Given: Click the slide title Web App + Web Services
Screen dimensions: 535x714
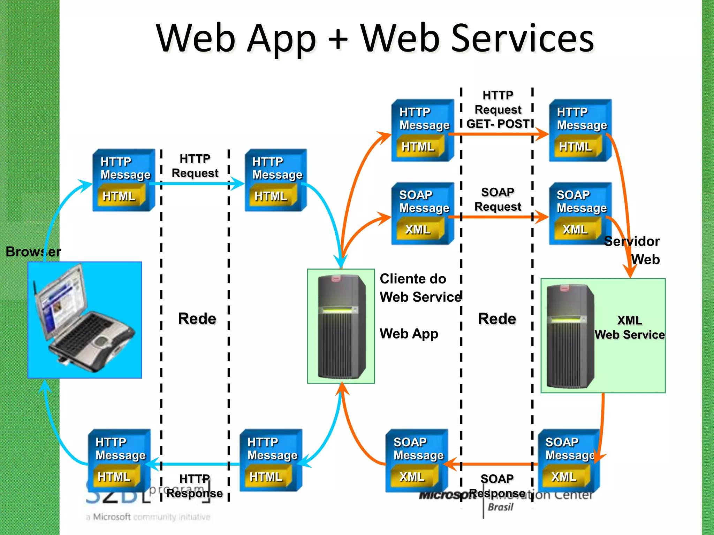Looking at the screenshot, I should coord(375,38).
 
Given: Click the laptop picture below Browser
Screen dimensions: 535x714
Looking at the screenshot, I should coord(85,320).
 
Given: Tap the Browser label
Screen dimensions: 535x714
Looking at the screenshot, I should coord(33,251).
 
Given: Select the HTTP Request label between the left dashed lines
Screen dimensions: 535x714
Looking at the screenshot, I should coord(195,166).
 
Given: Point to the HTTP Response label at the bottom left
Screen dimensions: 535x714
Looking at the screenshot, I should coord(195,486).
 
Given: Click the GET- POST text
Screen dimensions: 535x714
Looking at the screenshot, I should coord(498,124).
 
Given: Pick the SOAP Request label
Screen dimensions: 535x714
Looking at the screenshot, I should coord(497,199).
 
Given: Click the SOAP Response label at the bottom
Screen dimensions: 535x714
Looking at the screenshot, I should coord(497,486).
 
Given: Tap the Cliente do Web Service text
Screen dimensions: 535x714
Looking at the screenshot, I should coord(420,288).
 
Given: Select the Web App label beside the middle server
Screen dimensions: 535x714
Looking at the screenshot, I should coord(409,334).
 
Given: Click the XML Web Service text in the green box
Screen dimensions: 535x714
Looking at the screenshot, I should coord(629,327).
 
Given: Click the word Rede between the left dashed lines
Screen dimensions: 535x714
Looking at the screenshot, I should coord(197,318).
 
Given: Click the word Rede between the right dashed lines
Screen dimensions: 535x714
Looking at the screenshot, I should coord(497,319).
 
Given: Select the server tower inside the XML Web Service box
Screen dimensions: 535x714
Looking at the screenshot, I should coord(570,336).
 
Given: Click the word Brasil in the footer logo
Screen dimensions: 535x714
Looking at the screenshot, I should coord(501,507).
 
